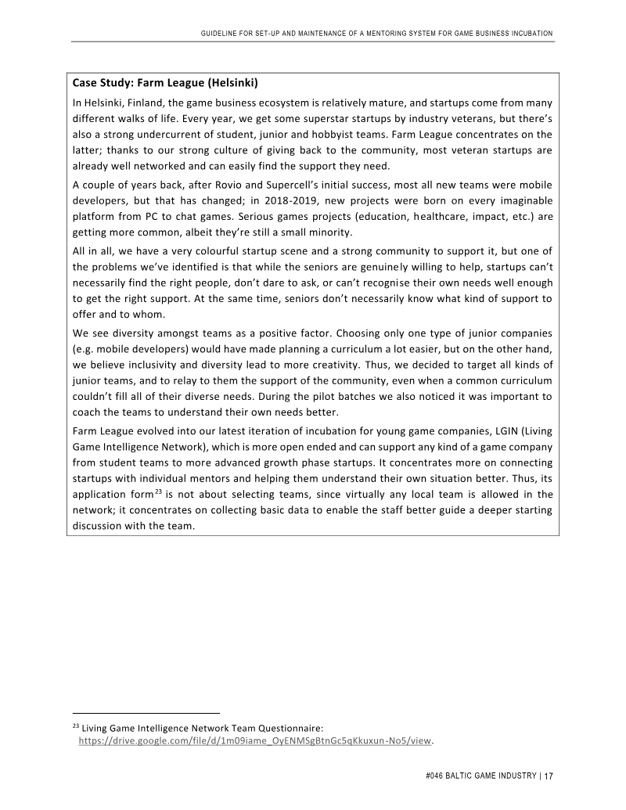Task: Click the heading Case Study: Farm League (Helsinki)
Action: [165, 82]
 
